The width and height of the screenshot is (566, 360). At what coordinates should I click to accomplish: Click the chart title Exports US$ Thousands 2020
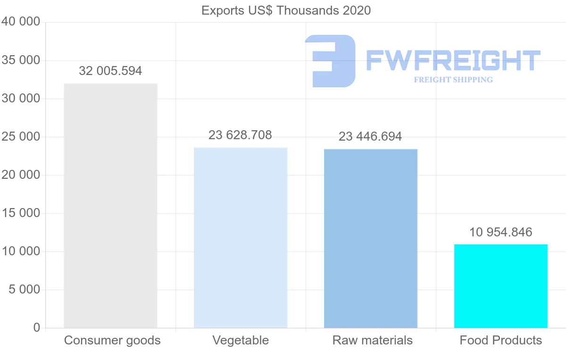(286, 10)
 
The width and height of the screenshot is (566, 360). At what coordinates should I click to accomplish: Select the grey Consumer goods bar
(110, 206)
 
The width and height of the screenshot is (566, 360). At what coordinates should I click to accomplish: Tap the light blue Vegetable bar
(241, 238)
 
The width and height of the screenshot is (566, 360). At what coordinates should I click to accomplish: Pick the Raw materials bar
(371, 238)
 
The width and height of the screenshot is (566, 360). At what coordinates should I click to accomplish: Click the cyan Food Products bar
(501, 286)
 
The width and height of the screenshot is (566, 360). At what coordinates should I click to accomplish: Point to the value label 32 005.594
(110, 71)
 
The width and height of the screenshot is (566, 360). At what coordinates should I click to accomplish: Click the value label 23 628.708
(241, 135)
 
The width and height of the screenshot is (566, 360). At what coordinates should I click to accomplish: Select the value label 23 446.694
(370, 136)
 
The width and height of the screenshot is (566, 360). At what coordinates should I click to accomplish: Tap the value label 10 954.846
(501, 232)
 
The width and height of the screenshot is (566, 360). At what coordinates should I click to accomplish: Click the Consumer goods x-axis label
(112, 340)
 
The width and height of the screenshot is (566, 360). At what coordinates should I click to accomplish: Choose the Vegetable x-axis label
(241, 340)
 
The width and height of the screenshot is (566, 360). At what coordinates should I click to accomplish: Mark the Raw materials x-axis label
(373, 340)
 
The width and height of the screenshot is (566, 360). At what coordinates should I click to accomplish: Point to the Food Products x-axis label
(501, 340)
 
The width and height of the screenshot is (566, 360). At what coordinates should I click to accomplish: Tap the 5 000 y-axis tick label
(25, 289)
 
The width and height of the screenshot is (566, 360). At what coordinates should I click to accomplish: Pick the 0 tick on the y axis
(37, 327)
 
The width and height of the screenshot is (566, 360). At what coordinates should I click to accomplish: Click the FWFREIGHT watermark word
(453, 61)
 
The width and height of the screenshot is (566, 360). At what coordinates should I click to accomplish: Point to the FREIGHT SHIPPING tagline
(453, 80)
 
